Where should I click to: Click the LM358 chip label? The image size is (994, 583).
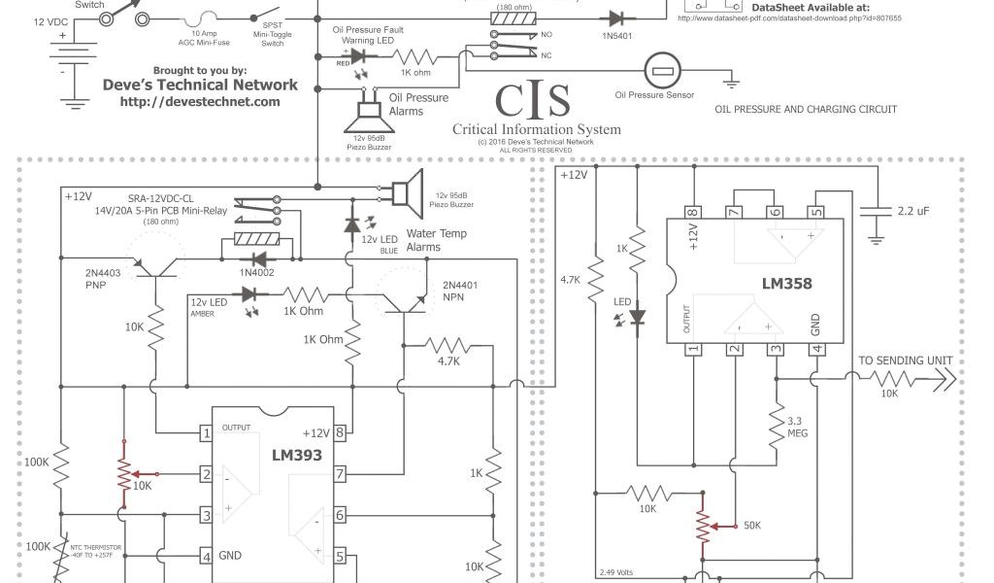[x=787, y=285]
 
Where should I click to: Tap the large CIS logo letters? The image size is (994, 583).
[x=532, y=100]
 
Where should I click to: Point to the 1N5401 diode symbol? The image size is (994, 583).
[x=615, y=17]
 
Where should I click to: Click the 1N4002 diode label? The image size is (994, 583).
[x=257, y=274]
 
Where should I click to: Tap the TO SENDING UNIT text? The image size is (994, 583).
[x=906, y=360]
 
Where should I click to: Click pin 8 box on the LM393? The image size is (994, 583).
[x=341, y=433]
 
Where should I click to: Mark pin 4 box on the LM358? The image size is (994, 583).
[x=816, y=350]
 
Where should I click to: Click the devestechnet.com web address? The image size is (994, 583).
[x=200, y=101]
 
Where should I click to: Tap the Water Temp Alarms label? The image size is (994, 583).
[x=436, y=240]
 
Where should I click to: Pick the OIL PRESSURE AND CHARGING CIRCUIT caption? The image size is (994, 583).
[x=806, y=110]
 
